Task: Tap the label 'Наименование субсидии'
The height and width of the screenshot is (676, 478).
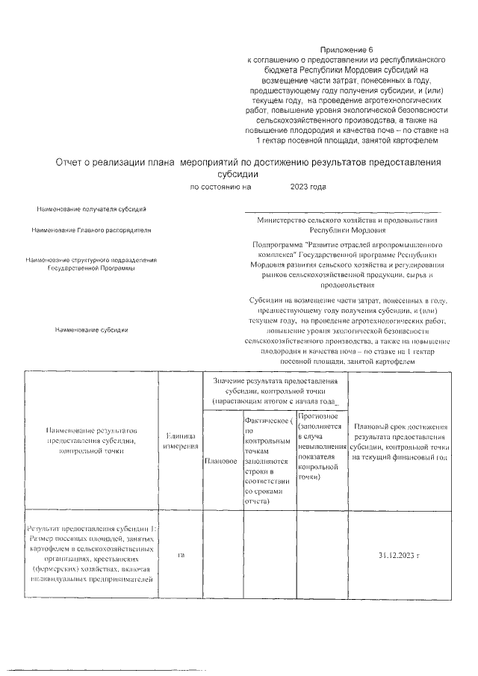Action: pyautogui.click(x=90, y=329)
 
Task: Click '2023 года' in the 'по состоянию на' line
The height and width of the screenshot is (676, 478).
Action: pyautogui.click(x=308, y=187)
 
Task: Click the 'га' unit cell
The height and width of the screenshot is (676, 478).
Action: pyautogui.click(x=180, y=556)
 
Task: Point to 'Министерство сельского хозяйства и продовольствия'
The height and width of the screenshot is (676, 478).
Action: pyautogui.click(x=347, y=220)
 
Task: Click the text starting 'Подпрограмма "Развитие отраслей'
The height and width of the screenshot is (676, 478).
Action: pyautogui.click(x=347, y=244)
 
